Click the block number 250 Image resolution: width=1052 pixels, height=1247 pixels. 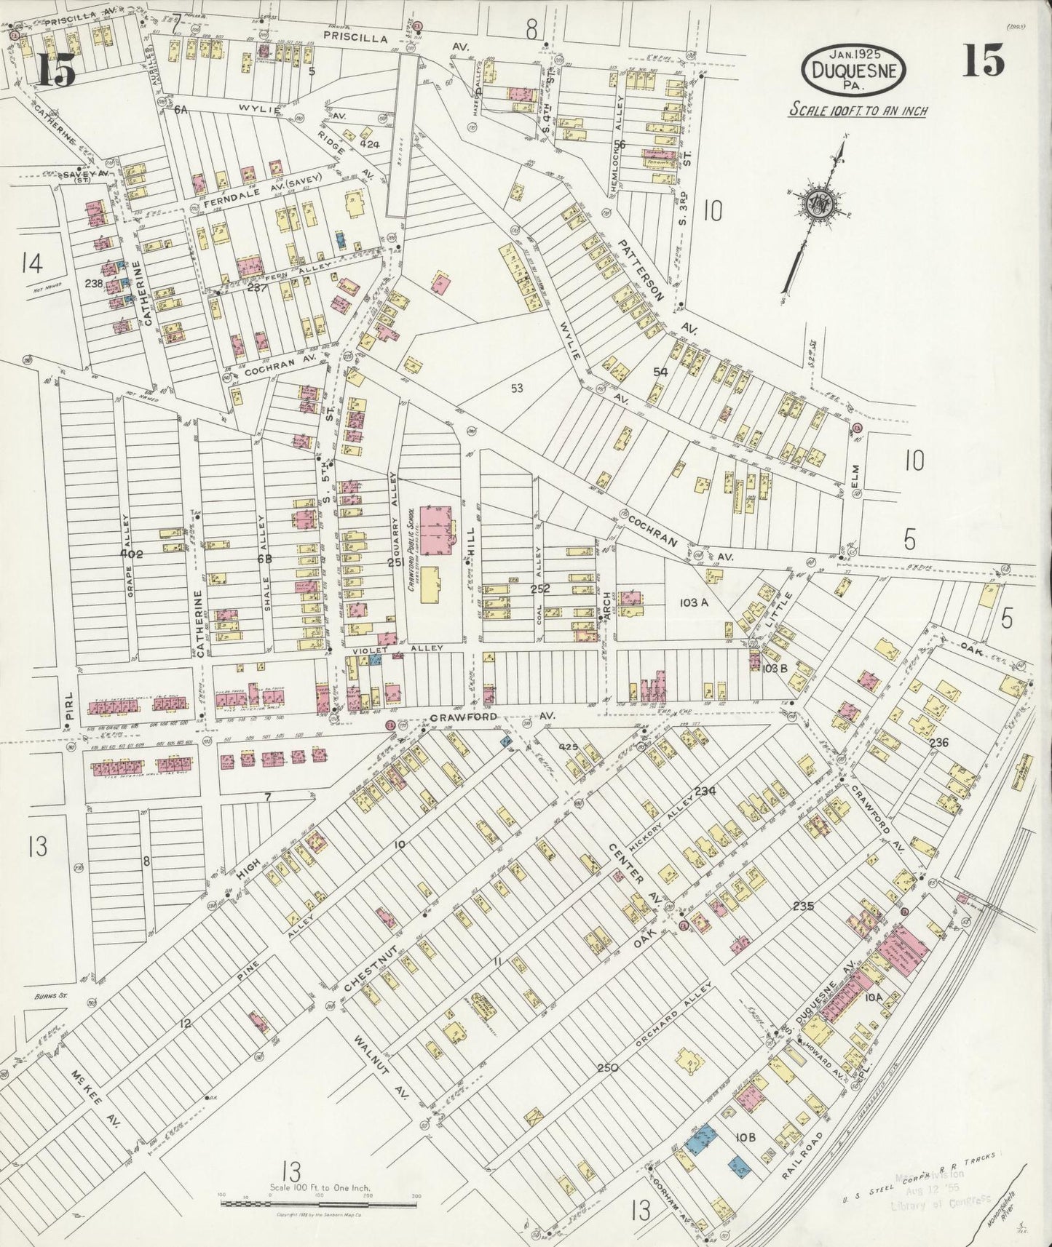click(x=607, y=1068)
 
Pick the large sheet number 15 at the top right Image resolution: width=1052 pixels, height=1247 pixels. click(x=983, y=61)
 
